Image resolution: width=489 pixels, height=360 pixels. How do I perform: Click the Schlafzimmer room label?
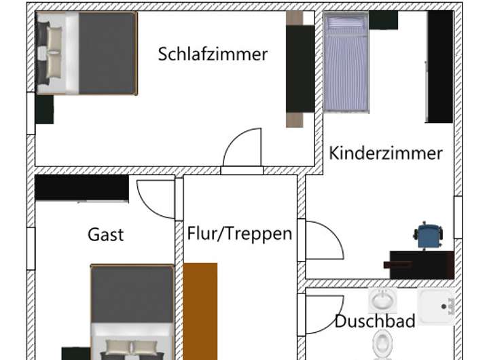coord(213,54)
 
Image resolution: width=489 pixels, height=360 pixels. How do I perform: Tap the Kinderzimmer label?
coord(385,153)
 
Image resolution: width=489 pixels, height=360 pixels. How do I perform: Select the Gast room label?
coord(106,235)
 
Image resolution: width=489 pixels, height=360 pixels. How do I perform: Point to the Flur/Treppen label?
coord(240,234)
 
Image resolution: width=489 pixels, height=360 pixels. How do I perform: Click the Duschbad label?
coord(374,321)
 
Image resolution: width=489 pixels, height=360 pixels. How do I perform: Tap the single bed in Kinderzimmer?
coord(346,62)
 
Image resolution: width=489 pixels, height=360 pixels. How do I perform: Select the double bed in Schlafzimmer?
coord(87,53)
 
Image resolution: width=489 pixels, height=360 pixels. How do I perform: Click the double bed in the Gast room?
coord(132,309)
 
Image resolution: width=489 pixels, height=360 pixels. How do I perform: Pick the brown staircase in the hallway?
coord(200,309)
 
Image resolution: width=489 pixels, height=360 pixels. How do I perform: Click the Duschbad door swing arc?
coord(318,312)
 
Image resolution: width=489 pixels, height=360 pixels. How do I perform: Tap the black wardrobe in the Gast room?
coord(81,187)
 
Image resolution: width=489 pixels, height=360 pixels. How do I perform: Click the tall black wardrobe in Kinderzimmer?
coord(440,67)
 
